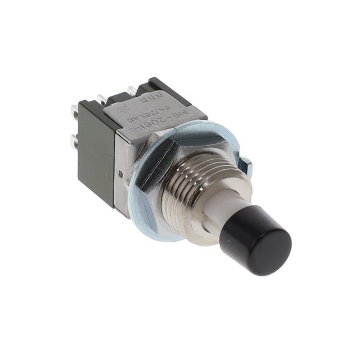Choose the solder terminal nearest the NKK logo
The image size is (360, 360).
click(x=131, y=90)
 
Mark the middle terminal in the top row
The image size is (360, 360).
click(x=102, y=100)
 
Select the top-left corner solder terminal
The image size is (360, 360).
click(x=74, y=110)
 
